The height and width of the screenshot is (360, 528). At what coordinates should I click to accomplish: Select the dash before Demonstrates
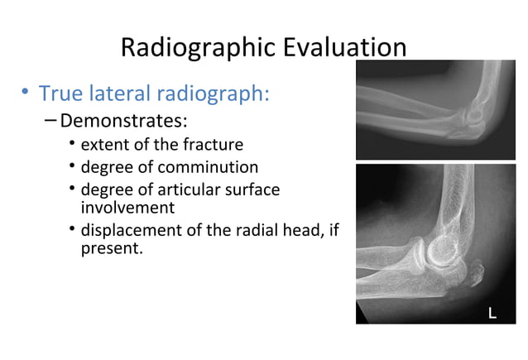[51, 122]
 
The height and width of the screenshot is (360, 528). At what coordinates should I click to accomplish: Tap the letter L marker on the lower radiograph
[492, 313]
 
